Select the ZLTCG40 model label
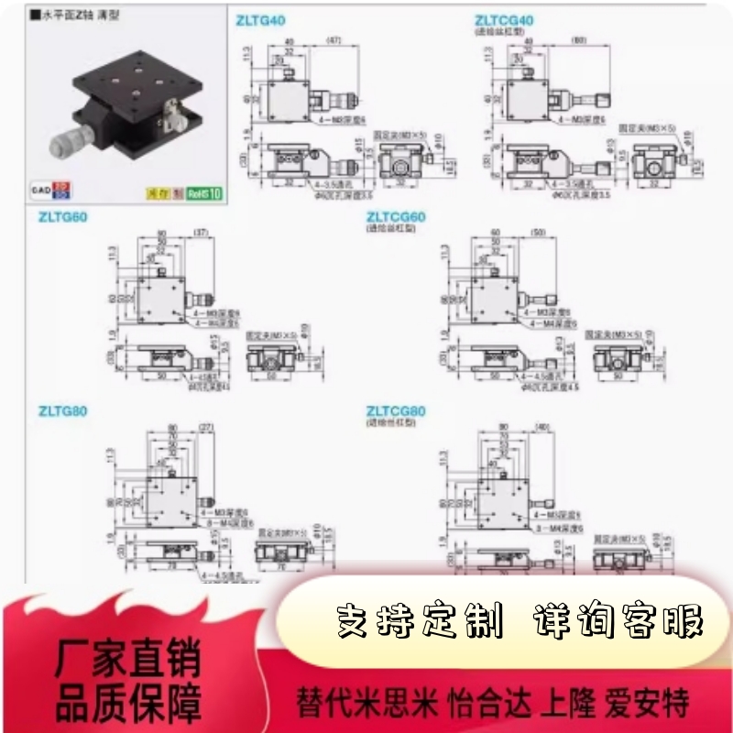[504, 19]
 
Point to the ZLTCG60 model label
[396, 217]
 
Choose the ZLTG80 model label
[62, 411]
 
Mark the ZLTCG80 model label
[396, 411]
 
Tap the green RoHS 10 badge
[204, 192]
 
